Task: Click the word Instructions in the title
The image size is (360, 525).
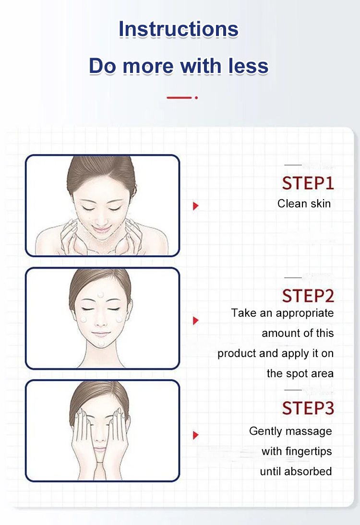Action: [x=179, y=29]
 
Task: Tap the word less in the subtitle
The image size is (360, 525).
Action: [x=249, y=66]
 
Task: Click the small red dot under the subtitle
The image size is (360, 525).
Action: [x=196, y=98]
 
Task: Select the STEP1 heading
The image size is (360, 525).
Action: [x=308, y=183]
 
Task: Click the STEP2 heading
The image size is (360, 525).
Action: [x=308, y=296]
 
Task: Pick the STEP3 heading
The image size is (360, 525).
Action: [x=308, y=408]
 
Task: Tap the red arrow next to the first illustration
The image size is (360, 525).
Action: [x=196, y=206]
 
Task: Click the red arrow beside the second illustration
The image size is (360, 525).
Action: [x=196, y=321]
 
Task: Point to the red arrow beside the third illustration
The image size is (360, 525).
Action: [x=196, y=435]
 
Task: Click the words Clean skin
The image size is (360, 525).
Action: [x=304, y=203]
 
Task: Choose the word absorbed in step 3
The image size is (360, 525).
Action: [x=308, y=471]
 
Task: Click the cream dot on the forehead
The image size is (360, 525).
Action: [x=100, y=295]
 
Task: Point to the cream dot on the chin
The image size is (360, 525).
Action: [x=101, y=344]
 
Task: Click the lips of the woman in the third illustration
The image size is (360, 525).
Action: [x=99, y=450]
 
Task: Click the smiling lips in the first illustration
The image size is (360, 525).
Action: [x=101, y=230]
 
